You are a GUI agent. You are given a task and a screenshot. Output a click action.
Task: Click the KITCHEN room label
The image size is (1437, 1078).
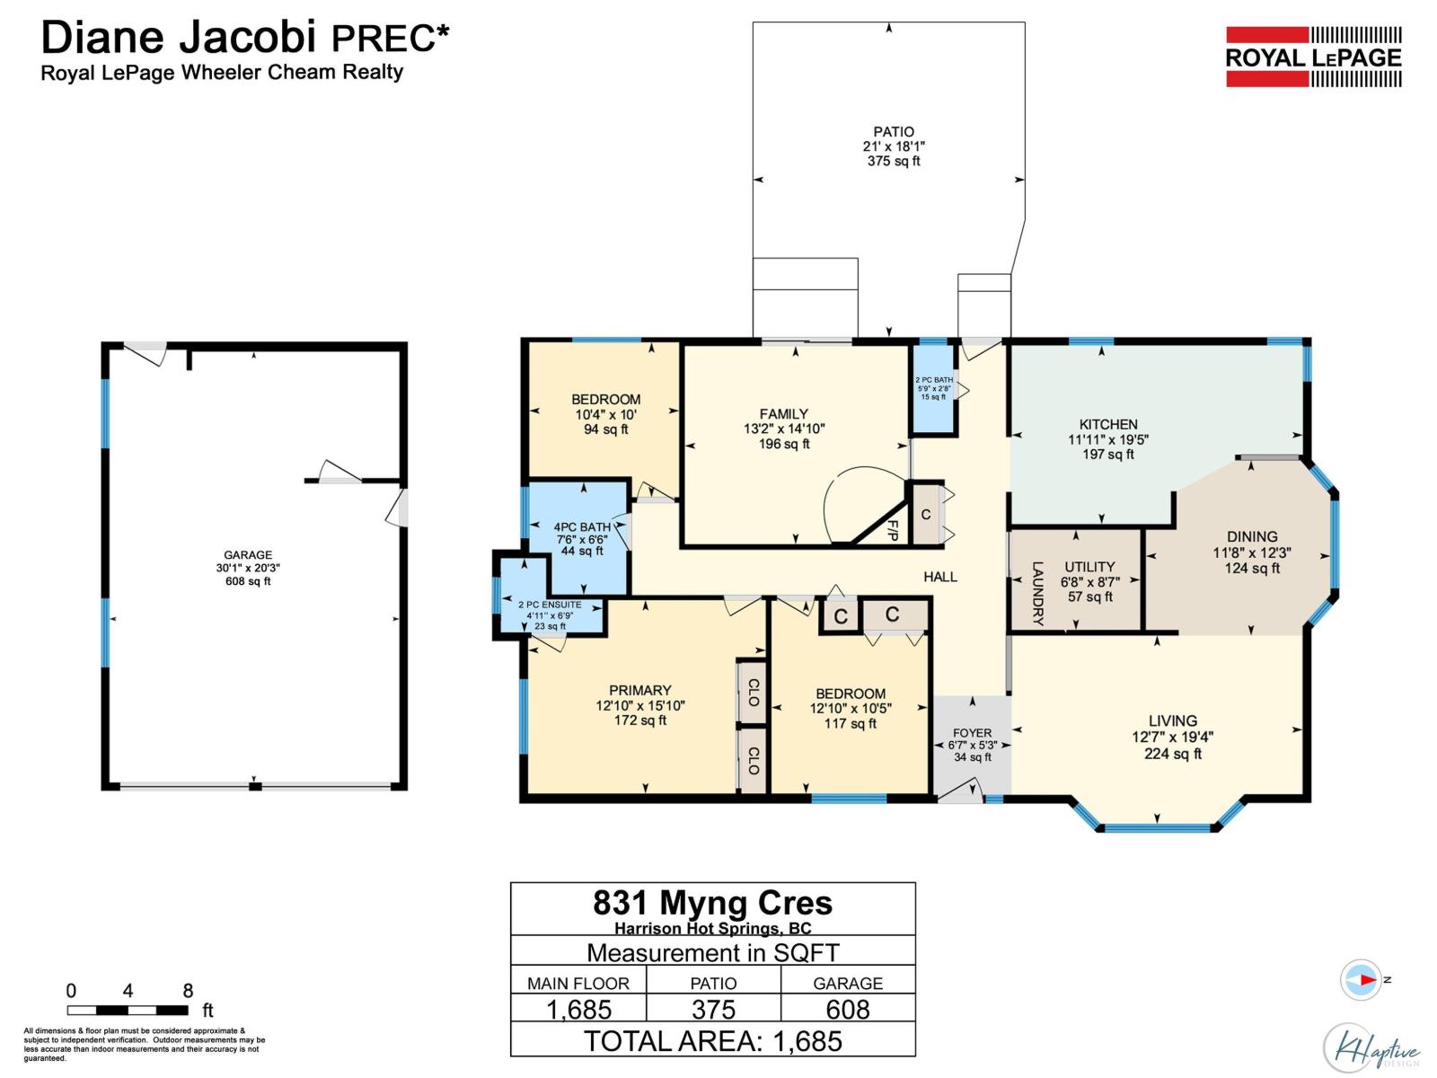pos(1108,424)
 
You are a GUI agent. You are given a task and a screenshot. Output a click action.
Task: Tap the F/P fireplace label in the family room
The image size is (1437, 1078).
pos(893,529)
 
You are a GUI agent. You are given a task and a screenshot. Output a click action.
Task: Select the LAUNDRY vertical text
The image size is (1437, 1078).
pos(1037,594)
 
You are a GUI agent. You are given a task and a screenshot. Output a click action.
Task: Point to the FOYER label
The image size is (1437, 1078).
pos(972,733)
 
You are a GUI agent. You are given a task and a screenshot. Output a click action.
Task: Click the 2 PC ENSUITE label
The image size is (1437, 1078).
pos(550,605)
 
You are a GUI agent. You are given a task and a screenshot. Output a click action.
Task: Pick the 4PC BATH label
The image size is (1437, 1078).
pos(582,527)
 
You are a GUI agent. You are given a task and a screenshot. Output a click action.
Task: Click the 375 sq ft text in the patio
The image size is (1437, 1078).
pos(894,162)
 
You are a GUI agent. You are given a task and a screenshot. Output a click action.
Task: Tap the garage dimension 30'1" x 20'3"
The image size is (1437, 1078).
pos(248,568)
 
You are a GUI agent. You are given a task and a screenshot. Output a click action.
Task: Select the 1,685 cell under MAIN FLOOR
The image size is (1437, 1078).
pos(578,1009)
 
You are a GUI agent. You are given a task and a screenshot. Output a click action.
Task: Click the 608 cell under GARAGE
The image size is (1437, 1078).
pos(848,1009)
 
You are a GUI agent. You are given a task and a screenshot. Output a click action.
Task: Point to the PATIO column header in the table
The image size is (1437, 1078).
pos(713,983)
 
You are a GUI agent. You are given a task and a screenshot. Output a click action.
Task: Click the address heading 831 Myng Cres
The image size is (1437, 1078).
pos(713,902)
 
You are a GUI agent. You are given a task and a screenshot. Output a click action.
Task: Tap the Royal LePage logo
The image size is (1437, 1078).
pos(1313,57)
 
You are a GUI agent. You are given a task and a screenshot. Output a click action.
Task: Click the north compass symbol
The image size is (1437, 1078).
pos(1362,979)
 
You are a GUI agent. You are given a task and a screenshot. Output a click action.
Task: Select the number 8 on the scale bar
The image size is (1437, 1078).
pos(188,991)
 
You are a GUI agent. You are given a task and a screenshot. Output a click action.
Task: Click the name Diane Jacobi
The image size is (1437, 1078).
pos(178,38)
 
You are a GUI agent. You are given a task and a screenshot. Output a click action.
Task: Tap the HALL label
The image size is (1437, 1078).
pos(940,577)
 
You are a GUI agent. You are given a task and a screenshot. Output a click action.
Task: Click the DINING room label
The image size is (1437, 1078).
pos(1252,536)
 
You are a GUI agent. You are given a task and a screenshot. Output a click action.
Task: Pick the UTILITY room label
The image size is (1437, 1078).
pos(1089,567)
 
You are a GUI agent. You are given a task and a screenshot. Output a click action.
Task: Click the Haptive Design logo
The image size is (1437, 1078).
pos(1371,1047)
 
